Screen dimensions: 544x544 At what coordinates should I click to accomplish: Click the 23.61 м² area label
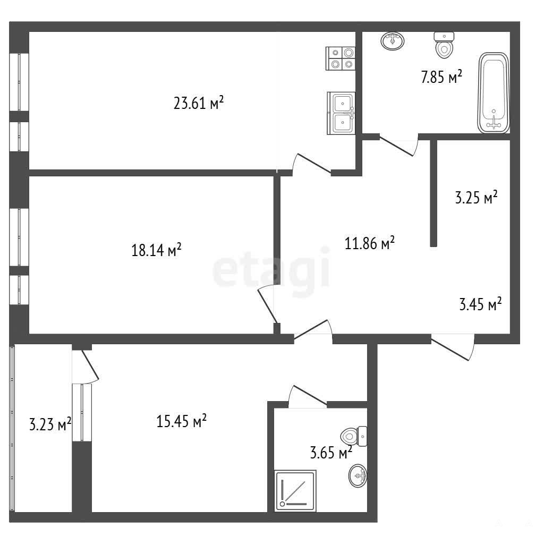click(x=199, y=103)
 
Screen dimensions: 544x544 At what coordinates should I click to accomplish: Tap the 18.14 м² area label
click(x=156, y=250)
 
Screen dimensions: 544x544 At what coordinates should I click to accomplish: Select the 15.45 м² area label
click(x=182, y=421)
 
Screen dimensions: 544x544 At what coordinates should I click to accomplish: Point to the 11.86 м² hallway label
click(x=370, y=243)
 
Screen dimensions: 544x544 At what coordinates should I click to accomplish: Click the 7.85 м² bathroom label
click(x=441, y=76)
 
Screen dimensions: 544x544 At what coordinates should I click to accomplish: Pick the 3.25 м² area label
click(x=476, y=198)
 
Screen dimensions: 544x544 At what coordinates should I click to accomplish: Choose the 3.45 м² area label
click(x=480, y=304)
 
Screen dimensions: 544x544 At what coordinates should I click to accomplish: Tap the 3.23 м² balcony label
click(x=50, y=424)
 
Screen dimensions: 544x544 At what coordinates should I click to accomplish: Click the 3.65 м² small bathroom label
click(x=331, y=453)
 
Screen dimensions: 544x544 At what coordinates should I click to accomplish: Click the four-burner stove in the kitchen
click(x=341, y=58)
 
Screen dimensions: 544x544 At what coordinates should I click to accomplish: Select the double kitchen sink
click(x=341, y=113)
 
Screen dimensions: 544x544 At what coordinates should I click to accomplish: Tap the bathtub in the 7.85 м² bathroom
click(x=494, y=93)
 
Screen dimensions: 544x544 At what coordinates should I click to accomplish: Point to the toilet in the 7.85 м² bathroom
click(x=444, y=45)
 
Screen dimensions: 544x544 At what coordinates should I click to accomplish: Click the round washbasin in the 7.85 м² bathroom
click(x=393, y=41)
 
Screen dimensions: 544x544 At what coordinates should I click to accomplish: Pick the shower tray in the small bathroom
click(x=295, y=490)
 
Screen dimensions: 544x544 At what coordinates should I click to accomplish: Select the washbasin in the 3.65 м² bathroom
click(x=358, y=475)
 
